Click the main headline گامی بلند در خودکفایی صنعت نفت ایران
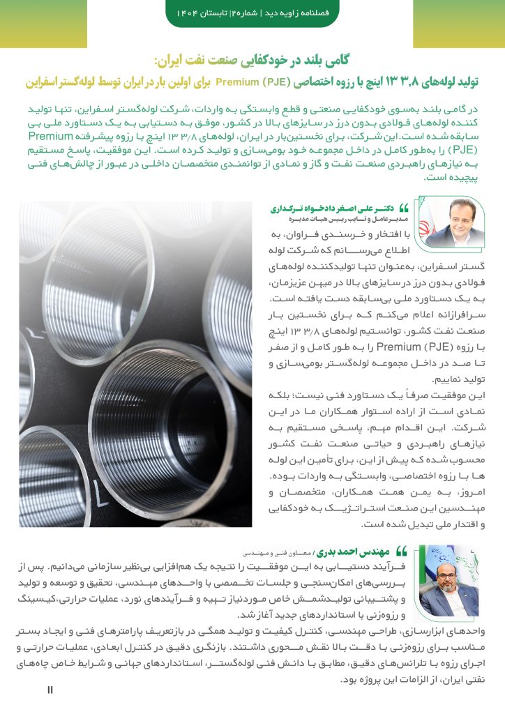click(x=254, y=61)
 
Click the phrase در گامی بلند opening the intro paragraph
click(x=457, y=110)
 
